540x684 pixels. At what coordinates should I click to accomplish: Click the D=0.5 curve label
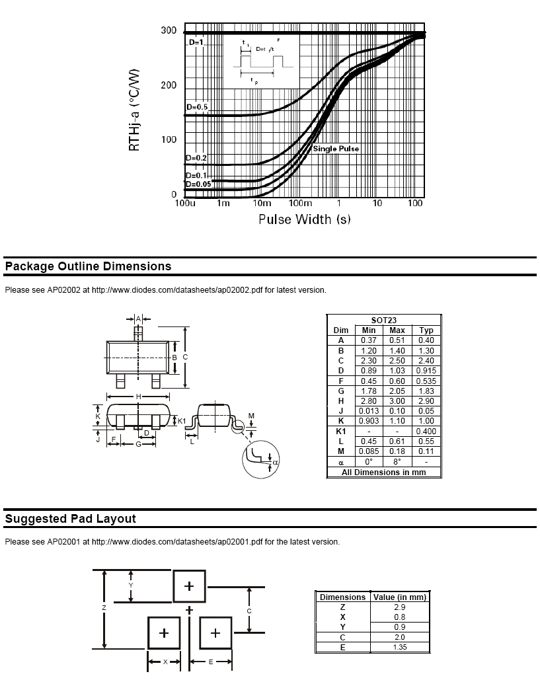point(197,107)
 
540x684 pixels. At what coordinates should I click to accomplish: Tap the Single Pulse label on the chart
point(336,149)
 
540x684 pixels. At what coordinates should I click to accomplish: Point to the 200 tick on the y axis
point(169,85)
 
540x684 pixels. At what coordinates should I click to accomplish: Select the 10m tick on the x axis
point(262,203)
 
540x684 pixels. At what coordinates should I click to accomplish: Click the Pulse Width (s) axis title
point(305,219)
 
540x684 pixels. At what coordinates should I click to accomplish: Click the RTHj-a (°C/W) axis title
point(134,110)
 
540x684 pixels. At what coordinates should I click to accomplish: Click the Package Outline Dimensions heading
point(88,266)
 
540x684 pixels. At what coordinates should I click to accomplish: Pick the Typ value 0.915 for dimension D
point(426,371)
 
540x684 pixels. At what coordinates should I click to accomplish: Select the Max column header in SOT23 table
point(397,330)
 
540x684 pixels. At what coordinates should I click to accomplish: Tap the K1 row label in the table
point(341,431)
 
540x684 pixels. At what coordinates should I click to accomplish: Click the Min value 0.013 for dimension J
point(369,411)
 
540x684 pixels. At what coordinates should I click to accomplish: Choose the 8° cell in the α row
point(397,461)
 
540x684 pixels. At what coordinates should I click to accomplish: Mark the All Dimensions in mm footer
point(384,472)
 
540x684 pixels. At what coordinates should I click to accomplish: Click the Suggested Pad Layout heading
point(71,519)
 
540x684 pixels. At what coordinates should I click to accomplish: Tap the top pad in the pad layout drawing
point(189,586)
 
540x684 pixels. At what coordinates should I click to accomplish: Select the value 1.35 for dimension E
point(400,648)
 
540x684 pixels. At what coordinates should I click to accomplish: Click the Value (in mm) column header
point(400,597)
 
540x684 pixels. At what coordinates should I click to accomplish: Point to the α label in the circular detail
point(276,462)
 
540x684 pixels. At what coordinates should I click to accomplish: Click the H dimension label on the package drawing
point(138,397)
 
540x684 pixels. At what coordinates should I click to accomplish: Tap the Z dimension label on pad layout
point(104,607)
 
